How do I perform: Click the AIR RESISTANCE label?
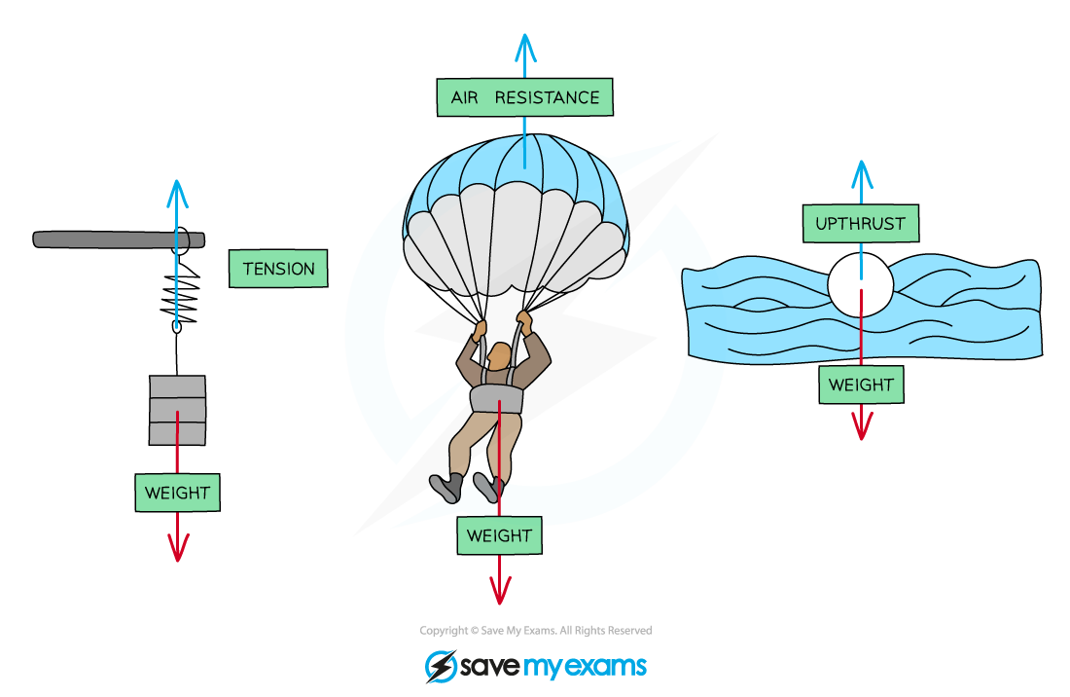pyautogui.click(x=524, y=97)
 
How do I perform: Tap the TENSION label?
pyautogui.click(x=278, y=269)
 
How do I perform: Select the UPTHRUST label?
pyautogui.click(x=860, y=223)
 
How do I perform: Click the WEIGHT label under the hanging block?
pyautogui.click(x=177, y=493)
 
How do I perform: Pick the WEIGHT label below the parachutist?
pyautogui.click(x=499, y=535)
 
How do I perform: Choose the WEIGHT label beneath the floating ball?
pyautogui.click(x=861, y=385)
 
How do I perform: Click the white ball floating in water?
pyautogui.click(x=860, y=283)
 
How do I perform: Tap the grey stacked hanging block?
pyautogui.click(x=177, y=410)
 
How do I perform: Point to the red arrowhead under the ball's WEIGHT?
pyautogui.click(x=861, y=428)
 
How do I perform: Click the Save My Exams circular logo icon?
pyautogui.click(x=442, y=666)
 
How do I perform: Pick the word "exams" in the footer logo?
pyautogui.click(x=602, y=666)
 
